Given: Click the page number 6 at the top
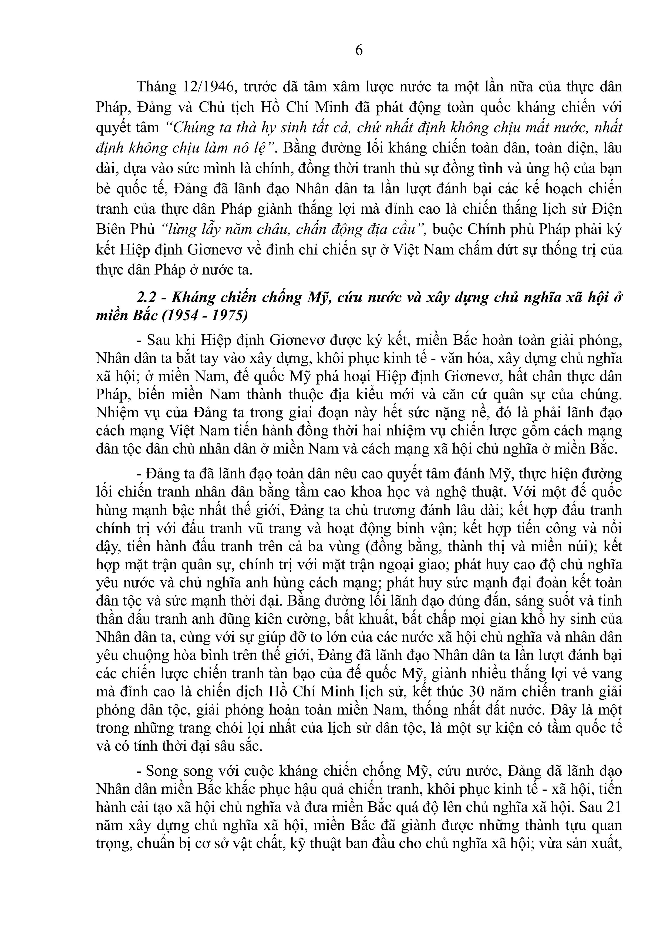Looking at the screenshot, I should pos(359,50).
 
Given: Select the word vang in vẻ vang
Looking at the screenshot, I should pos(607,673).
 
